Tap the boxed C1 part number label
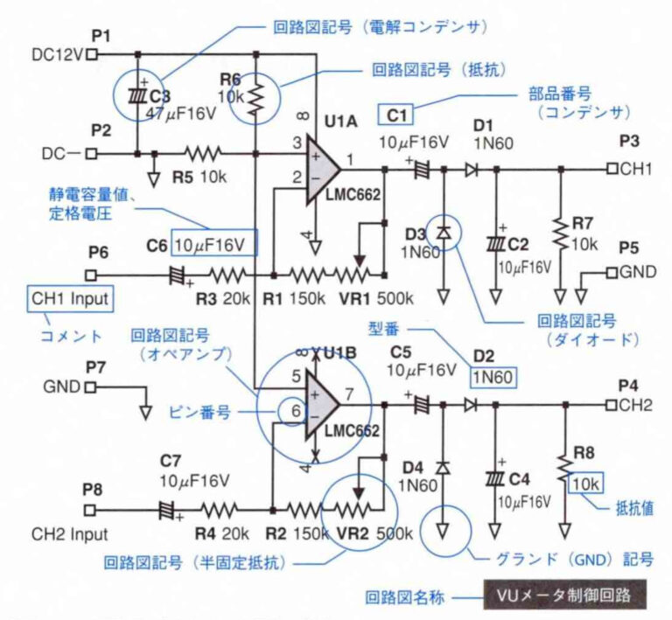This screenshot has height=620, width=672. (x=395, y=114)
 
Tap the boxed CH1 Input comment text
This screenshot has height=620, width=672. (x=70, y=298)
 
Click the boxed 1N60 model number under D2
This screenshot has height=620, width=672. (x=493, y=377)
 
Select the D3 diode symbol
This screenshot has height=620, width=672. (x=443, y=232)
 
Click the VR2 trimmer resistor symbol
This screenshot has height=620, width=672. (x=354, y=509)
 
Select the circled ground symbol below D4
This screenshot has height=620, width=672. (x=443, y=530)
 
